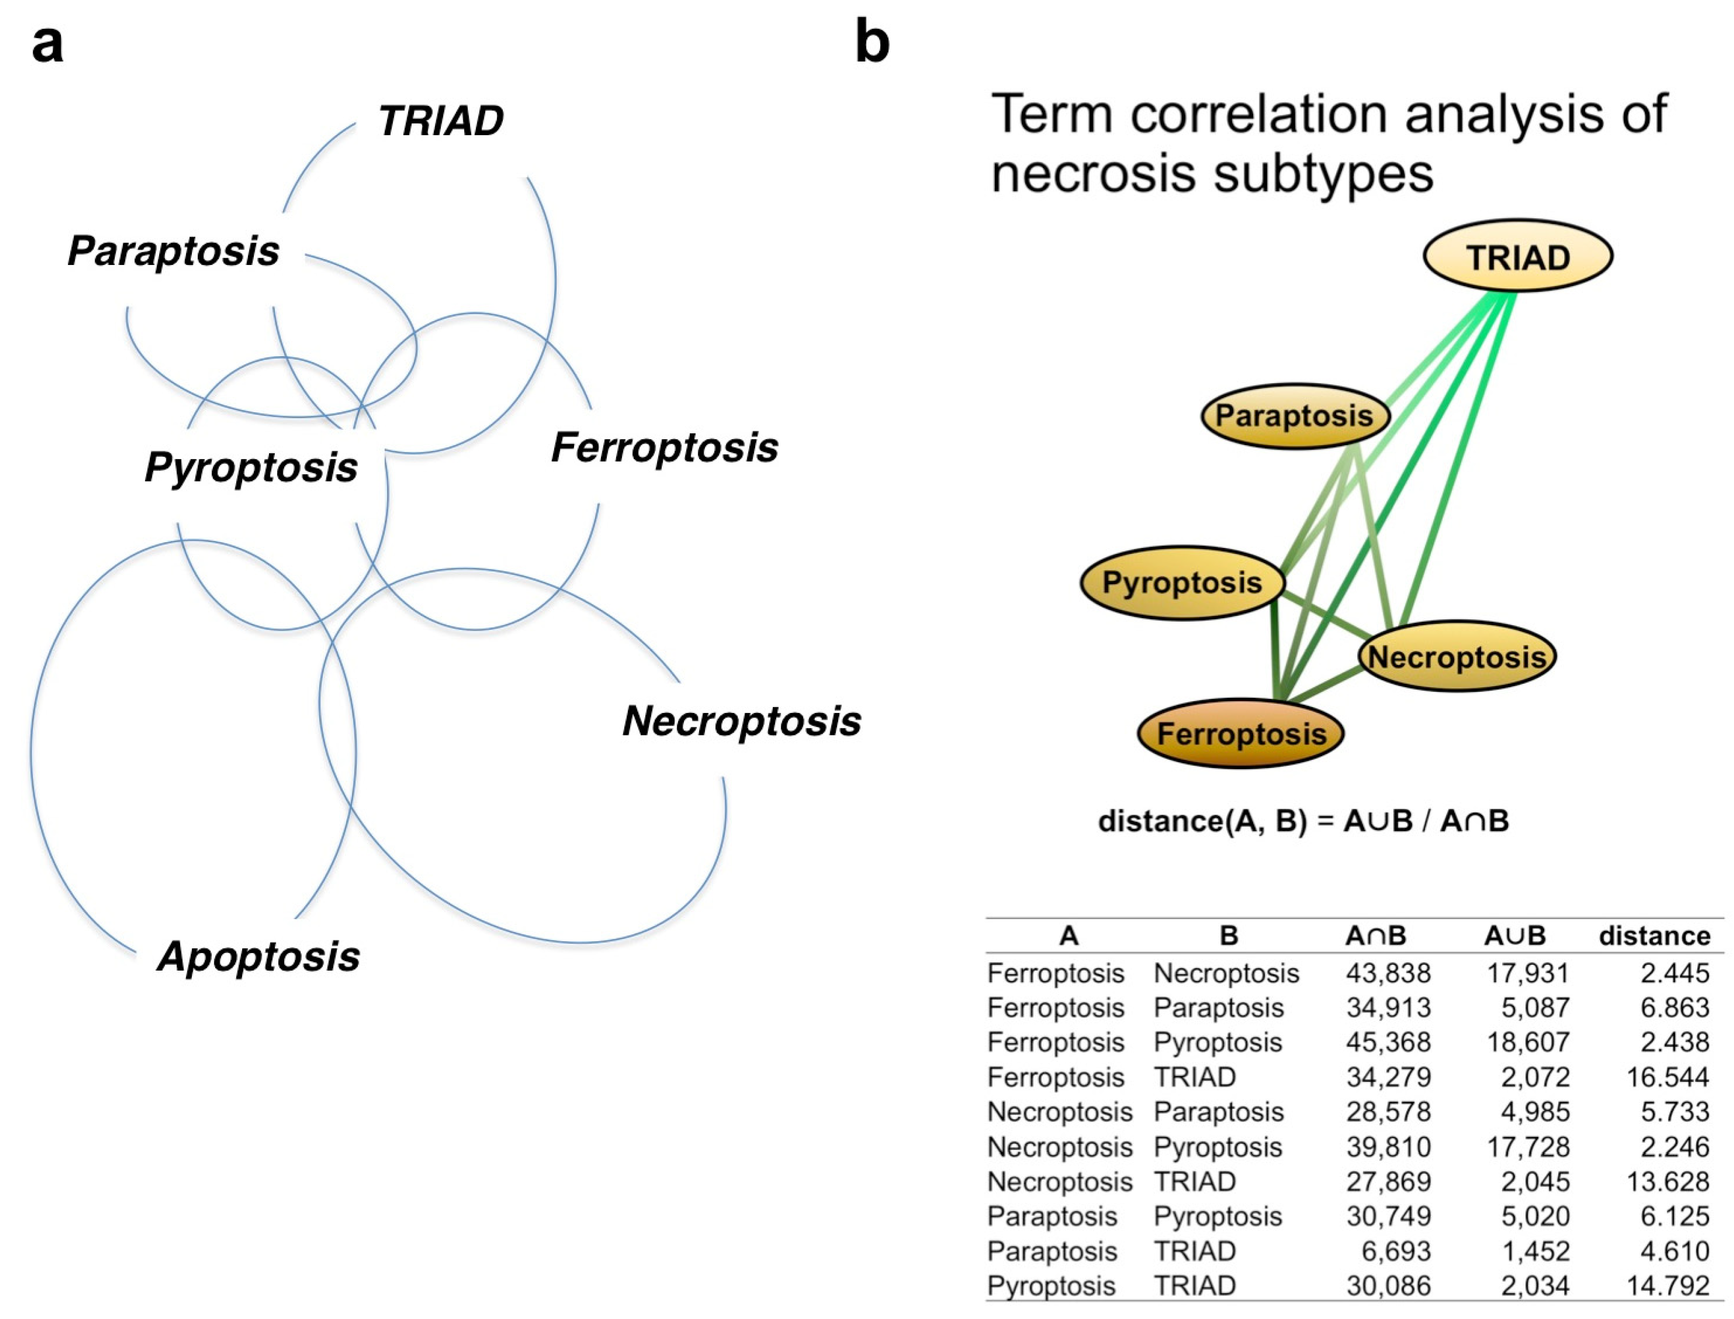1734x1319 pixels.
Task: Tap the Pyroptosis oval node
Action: coord(1182,583)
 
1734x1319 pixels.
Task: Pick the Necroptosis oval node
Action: coord(1457,656)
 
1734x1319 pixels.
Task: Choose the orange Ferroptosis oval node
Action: coord(1241,733)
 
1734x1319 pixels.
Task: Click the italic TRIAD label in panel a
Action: coord(440,121)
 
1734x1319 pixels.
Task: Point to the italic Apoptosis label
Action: coord(258,956)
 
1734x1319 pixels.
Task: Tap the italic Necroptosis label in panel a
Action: coord(742,721)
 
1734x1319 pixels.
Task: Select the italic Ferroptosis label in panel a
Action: coord(664,447)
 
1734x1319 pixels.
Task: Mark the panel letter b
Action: coord(872,42)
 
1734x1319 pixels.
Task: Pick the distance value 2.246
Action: coord(1674,1147)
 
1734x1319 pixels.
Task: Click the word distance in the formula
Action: coord(1159,821)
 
